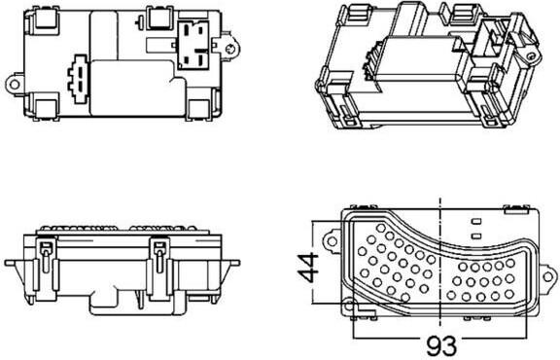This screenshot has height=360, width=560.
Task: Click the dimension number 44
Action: click(x=308, y=267)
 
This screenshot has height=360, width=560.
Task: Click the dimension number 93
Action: click(x=441, y=345)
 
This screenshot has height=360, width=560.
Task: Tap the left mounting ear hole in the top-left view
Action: click(x=15, y=85)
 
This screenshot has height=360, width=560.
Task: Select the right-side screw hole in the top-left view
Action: click(x=230, y=49)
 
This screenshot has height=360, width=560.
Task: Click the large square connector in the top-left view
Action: click(x=193, y=45)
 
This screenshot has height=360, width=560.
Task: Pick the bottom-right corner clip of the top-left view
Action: click(x=198, y=109)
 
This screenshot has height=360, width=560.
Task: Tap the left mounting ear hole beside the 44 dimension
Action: click(x=332, y=241)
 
